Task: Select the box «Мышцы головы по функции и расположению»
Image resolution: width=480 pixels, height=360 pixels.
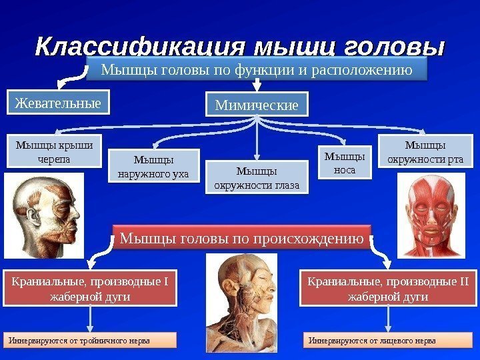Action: [256, 69]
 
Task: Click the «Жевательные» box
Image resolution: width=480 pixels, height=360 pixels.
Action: [59, 103]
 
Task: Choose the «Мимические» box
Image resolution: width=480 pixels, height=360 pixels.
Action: [257, 105]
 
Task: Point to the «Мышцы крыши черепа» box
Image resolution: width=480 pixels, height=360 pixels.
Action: [54, 151]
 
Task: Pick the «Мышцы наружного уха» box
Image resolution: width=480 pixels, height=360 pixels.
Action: [153, 167]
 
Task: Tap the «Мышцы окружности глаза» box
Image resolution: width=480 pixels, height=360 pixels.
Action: [257, 177]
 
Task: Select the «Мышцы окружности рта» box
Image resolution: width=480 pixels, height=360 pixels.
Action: [425, 151]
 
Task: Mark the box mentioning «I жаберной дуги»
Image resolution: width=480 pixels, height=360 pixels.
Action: [90, 287]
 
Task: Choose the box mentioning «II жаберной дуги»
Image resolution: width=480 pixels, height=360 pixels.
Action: [388, 287]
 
